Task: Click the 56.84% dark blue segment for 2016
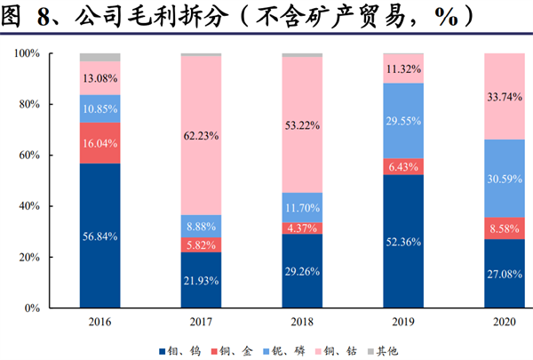(99, 236)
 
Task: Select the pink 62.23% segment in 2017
(202, 135)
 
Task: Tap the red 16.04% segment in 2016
(99, 142)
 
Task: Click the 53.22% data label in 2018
(303, 124)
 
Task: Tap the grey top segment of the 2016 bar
(99, 57)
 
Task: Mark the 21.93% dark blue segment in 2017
(202, 280)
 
